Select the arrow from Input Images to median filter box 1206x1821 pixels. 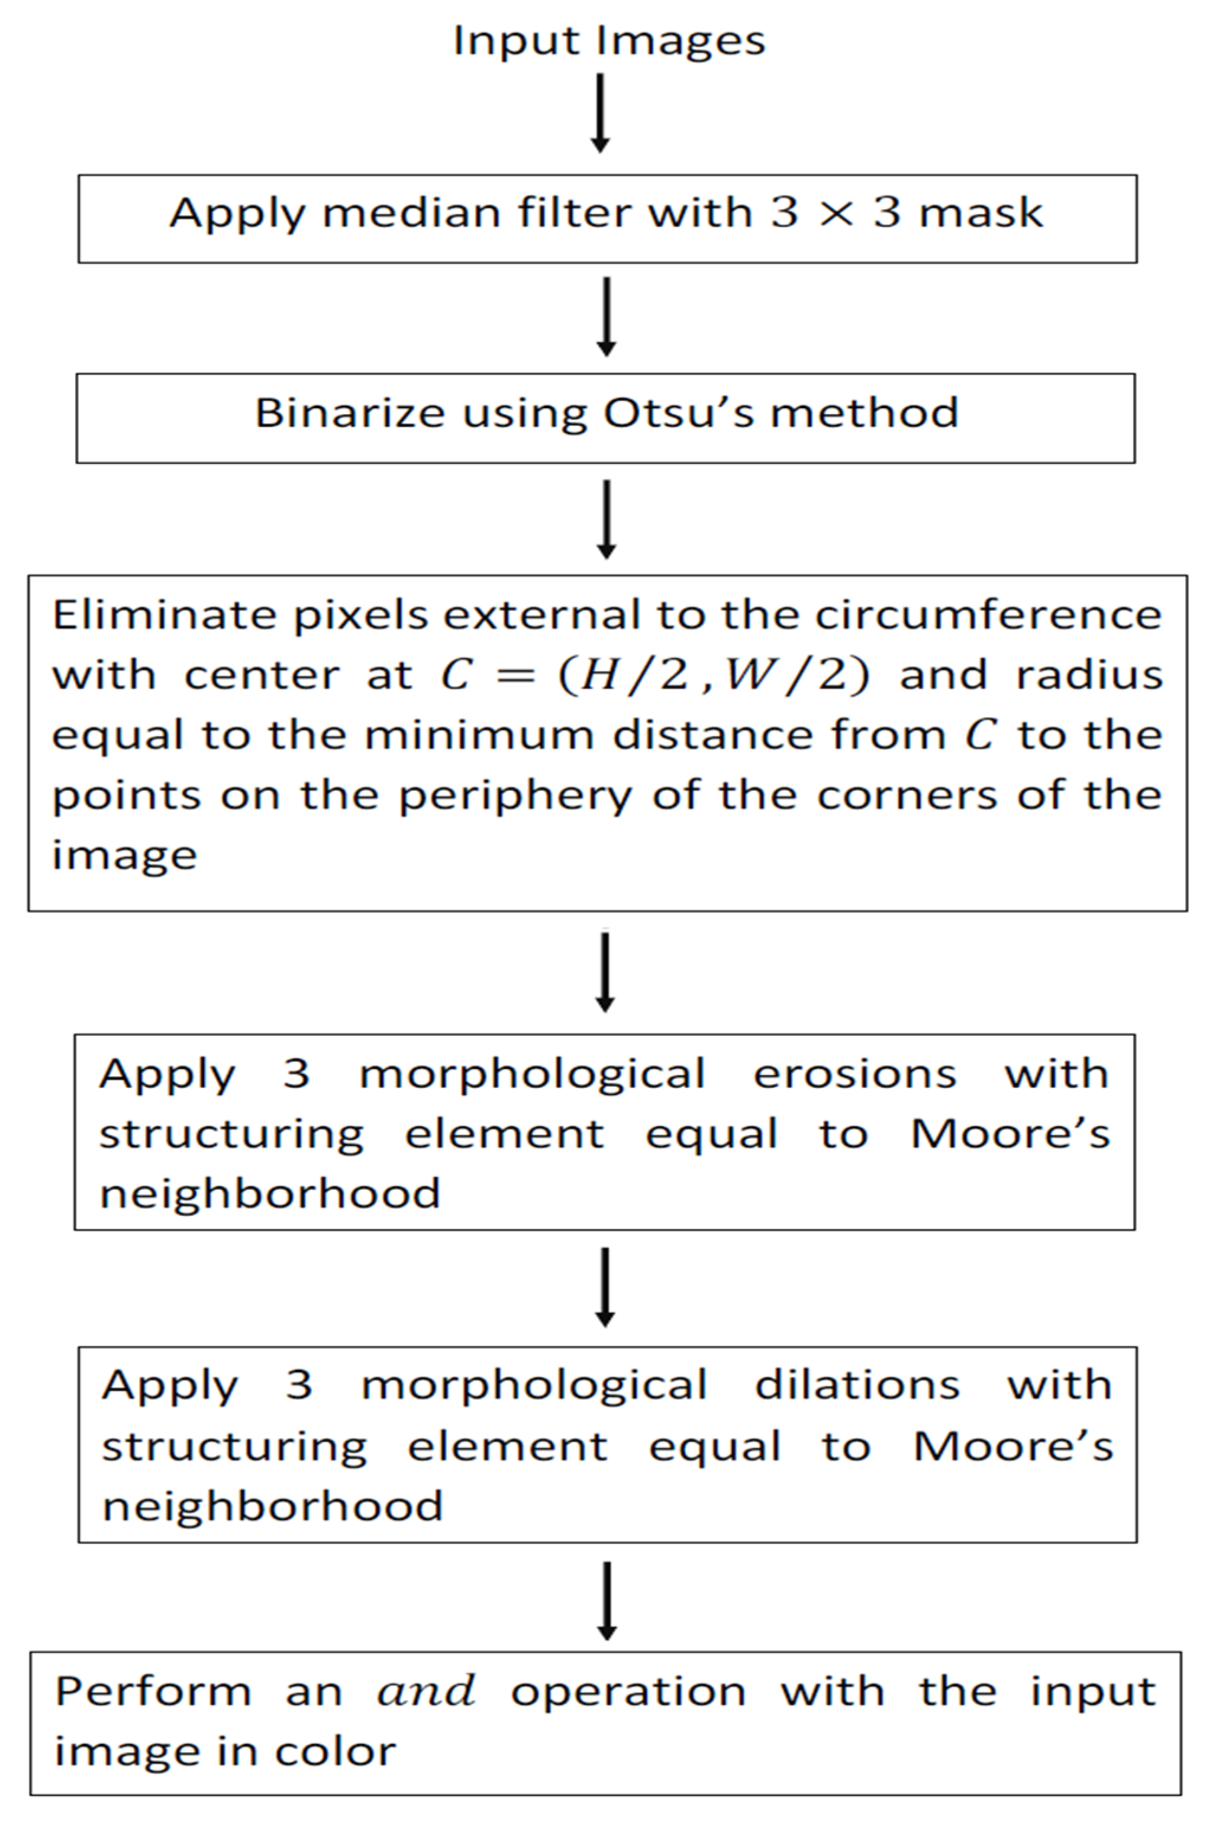[601, 112]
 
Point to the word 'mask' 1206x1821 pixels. [981, 213]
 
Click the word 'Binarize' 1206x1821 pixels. [350, 414]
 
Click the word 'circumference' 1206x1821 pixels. [988, 615]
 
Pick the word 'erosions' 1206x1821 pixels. [854, 1074]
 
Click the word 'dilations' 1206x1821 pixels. [857, 1386]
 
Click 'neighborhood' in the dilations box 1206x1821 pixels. [272, 1506]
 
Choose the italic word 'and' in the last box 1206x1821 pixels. [425, 1692]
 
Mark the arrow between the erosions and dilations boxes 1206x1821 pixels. [605, 1287]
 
